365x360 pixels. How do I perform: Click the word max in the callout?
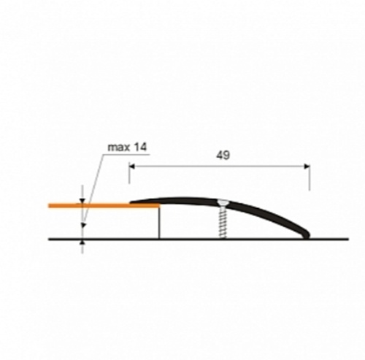tap(118, 148)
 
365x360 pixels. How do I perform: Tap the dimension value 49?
tap(223, 156)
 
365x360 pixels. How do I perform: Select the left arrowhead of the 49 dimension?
tap(132, 166)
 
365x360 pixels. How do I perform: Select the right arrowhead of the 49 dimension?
tap(307, 166)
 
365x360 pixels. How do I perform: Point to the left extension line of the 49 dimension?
tap(129, 174)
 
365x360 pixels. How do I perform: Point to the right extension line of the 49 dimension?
tap(310, 177)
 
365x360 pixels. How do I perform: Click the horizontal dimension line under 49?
tap(220, 166)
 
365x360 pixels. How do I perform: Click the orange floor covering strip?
tap(104, 206)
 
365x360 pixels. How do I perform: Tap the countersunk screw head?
tap(223, 202)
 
